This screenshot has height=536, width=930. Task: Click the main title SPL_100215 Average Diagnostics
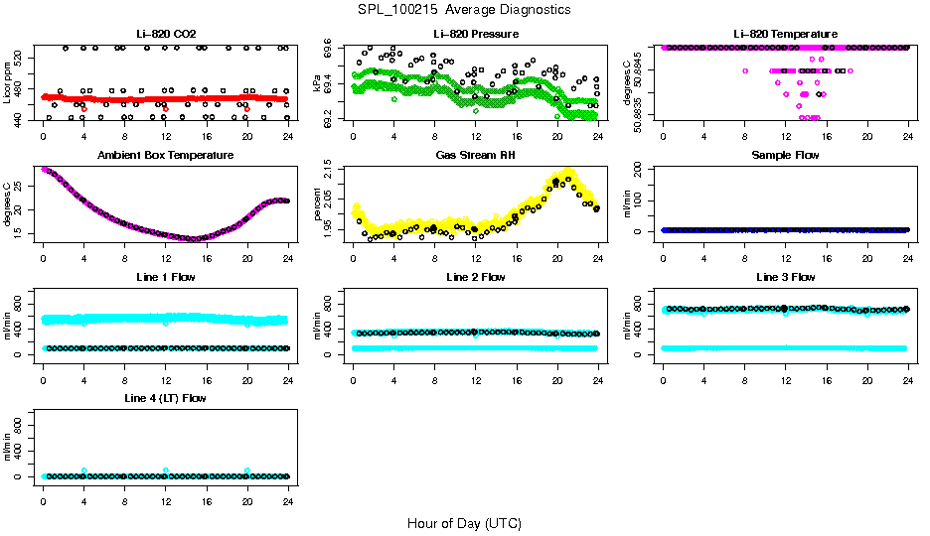(465, 9)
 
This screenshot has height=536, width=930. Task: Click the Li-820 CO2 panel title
(165, 35)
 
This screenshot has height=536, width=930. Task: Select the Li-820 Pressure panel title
(475, 35)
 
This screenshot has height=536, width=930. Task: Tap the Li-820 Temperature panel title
(785, 35)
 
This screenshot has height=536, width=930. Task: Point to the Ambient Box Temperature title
(165, 156)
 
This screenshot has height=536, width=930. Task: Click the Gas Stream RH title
(475, 156)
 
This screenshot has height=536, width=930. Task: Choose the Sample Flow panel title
(785, 156)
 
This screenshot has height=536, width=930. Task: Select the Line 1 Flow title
(165, 277)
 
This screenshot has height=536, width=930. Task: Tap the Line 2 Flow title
(475, 277)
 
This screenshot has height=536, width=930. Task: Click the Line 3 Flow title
(785, 277)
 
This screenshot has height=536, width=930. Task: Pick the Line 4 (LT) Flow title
(165, 398)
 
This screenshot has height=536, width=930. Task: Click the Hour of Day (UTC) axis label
(464, 522)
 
